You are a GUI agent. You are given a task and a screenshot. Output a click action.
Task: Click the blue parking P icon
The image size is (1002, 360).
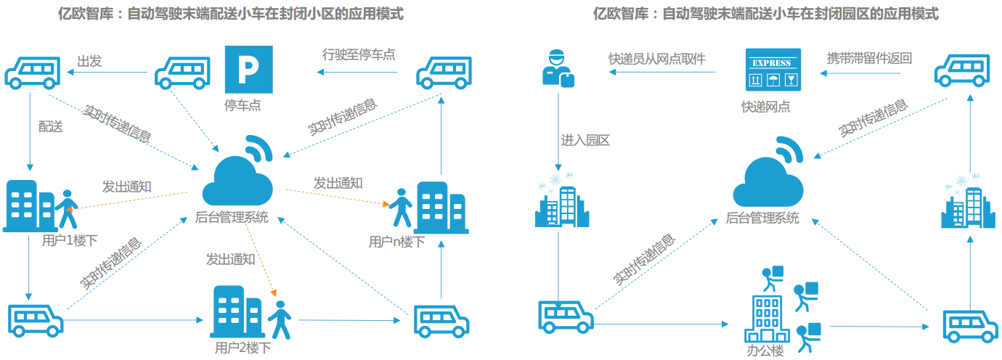click(248, 70)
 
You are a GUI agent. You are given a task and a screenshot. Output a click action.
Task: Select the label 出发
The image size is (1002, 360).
click(89, 62)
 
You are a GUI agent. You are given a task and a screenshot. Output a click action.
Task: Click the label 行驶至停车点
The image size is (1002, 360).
click(359, 54)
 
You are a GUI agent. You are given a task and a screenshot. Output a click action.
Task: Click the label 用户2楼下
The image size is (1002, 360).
click(243, 348)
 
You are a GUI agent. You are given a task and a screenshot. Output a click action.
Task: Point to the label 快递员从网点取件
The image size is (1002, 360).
click(657, 59)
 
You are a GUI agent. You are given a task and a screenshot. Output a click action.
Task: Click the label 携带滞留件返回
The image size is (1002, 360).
click(869, 59)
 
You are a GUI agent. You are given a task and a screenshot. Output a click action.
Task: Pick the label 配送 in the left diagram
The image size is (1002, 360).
click(51, 126)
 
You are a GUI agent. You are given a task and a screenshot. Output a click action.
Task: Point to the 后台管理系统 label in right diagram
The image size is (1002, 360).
click(762, 218)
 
